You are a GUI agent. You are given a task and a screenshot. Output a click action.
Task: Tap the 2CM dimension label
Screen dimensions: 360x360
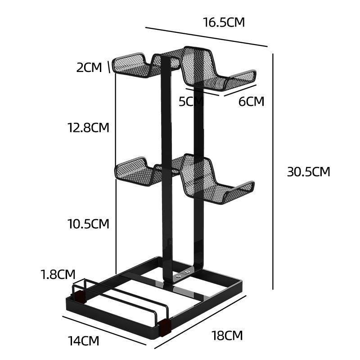[90, 67]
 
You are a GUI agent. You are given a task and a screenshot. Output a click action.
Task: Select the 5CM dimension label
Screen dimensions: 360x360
[191, 101]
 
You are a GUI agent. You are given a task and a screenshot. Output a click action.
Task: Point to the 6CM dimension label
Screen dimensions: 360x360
[251, 101]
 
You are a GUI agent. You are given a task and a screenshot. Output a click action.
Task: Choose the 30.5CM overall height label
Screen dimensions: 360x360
[309, 171]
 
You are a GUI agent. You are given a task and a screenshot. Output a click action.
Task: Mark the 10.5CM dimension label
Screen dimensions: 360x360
[89, 224]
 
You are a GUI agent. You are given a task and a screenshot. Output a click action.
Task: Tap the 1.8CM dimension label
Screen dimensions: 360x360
[58, 274]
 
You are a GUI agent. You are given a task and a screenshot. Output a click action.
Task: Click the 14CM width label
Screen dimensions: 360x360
[84, 341]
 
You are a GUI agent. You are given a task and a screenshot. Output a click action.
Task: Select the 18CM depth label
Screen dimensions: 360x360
[227, 335]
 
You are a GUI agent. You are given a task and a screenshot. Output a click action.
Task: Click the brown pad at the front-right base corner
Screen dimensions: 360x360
[165, 326]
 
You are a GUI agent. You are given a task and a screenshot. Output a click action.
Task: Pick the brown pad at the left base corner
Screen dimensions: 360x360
[80, 295]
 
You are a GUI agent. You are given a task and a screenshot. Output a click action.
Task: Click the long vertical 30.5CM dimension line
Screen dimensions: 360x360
[273, 171]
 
